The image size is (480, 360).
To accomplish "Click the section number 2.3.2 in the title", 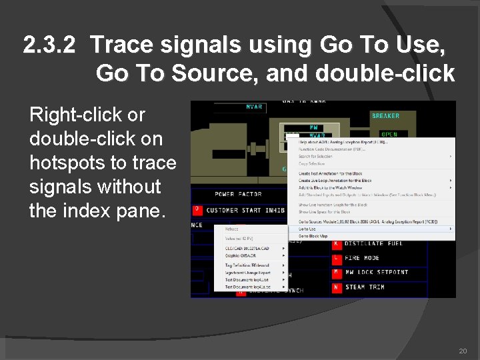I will coord(50,45).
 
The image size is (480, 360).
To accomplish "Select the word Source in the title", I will coord(215,73).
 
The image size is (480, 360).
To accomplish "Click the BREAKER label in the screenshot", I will coord(385,116).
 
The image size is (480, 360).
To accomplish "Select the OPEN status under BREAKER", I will coord(389,134).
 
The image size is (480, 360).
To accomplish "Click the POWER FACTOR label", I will coord(238,194).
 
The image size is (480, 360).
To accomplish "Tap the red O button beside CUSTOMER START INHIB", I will coord(197,210).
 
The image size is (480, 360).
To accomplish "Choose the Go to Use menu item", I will coord(307,229).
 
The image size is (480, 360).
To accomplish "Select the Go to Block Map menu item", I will coord(313,236).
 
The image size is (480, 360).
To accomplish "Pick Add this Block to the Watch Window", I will coord(331,187).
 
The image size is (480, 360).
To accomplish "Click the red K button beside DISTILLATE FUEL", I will coord(337,243).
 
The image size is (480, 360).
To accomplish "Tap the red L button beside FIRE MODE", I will coord(337,258).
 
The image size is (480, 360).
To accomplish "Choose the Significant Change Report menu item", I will coord(248,272).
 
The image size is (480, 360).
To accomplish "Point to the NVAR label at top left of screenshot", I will coord(254,107).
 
